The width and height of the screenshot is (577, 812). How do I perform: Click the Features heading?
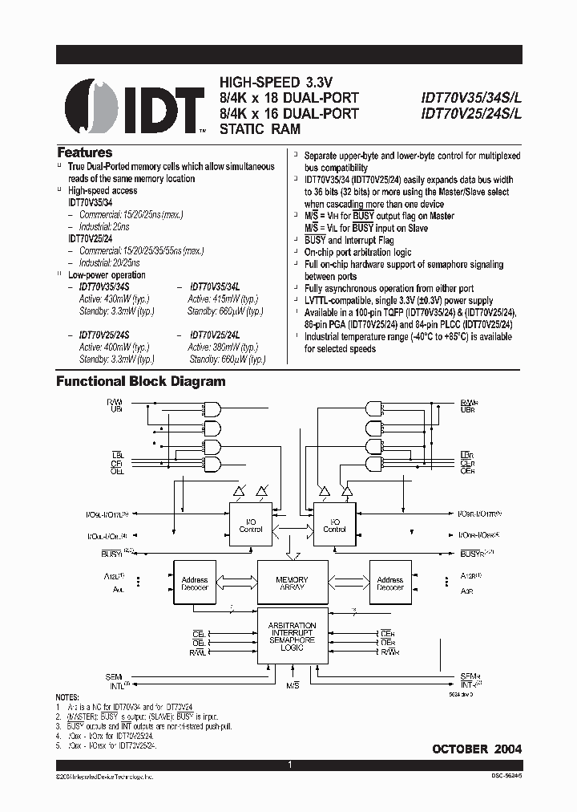[84, 152]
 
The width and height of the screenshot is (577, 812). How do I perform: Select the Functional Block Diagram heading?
[140, 382]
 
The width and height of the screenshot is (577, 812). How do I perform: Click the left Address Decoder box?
[194, 583]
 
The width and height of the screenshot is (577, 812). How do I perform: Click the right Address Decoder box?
[389, 583]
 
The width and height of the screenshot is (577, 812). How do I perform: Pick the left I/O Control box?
[251, 525]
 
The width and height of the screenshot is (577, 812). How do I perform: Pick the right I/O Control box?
[334, 525]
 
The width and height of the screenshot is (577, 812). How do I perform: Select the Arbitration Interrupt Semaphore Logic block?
[292, 636]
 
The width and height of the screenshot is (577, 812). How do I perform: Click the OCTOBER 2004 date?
[477, 749]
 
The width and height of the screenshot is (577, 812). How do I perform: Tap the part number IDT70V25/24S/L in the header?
[471, 114]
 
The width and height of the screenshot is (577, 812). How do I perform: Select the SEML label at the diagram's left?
[114, 677]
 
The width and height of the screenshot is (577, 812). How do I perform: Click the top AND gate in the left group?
[214, 407]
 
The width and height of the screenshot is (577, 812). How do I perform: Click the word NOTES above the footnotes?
[67, 697]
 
